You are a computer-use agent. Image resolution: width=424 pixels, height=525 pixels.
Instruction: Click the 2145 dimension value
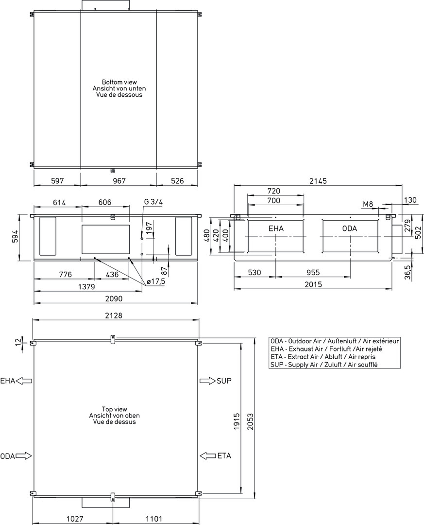point(318,181)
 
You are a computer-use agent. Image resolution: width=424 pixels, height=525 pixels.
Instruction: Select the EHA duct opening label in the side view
point(276,228)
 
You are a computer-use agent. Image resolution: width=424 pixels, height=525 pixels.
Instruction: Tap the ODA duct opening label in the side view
point(350,228)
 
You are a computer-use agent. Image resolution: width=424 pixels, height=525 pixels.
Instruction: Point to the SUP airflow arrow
point(207,381)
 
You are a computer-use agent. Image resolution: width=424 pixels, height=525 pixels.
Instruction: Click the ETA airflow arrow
point(207,455)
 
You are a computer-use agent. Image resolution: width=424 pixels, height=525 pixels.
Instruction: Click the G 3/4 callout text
point(153,202)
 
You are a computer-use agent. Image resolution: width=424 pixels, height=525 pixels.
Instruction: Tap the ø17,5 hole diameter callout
point(156,281)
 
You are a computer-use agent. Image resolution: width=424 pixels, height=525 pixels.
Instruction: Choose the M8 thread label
point(368,204)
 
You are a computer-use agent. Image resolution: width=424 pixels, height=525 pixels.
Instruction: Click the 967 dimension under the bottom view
point(119,181)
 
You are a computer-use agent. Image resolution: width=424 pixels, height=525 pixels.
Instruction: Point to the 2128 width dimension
point(114,315)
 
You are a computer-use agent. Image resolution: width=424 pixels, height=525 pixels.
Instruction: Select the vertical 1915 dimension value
point(237,421)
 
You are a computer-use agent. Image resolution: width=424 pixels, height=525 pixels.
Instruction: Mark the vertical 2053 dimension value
point(250,421)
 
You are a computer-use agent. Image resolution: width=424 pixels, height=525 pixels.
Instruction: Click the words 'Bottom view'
point(119,82)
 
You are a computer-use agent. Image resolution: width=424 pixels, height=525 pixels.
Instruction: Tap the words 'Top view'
point(115,409)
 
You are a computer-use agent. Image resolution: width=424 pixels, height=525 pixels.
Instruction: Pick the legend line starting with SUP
point(324,365)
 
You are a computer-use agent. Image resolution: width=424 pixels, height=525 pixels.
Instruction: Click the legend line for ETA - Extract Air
point(323,357)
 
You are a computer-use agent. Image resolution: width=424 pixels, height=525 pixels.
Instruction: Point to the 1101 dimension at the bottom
point(154,519)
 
